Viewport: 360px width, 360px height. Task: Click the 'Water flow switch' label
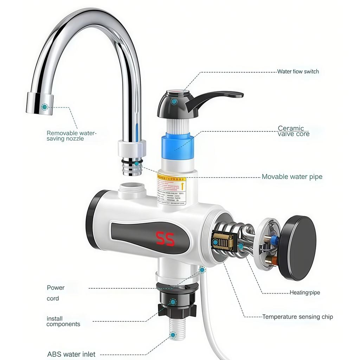click(x=298, y=72)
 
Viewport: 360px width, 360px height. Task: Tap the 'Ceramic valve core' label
click(x=294, y=131)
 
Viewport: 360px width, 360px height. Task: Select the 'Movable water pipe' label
click(x=292, y=176)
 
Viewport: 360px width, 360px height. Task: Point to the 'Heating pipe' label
click(x=305, y=292)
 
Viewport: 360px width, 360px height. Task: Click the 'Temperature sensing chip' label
click(x=297, y=317)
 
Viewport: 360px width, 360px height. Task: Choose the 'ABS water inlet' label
click(x=71, y=354)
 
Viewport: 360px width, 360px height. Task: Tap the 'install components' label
click(x=63, y=321)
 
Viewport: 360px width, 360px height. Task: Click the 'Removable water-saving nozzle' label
click(x=71, y=136)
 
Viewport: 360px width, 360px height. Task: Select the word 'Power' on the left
click(x=56, y=288)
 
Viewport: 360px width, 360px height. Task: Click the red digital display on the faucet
click(x=165, y=239)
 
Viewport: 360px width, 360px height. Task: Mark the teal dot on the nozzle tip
click(x=44, y=107)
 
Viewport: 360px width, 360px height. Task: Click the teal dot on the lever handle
click(x=174, y=102)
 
